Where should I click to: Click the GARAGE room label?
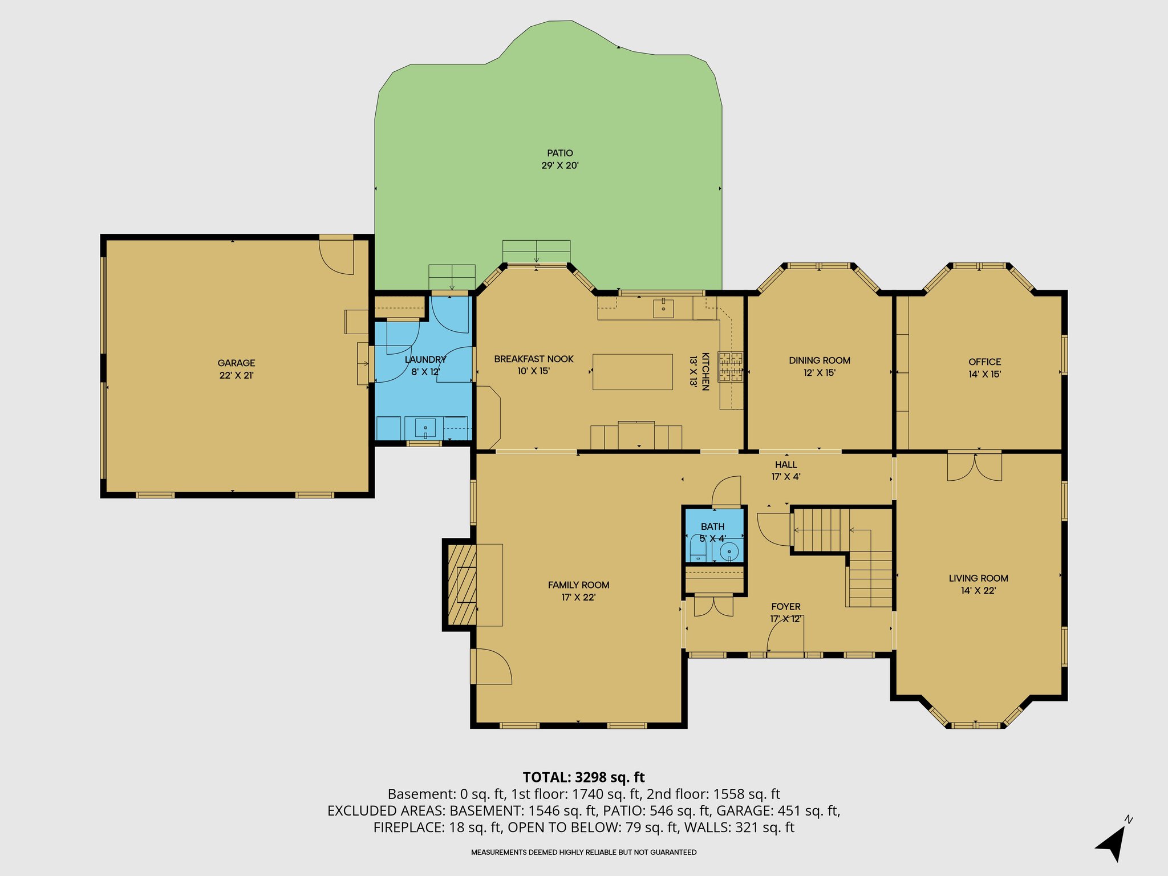[x=236, y=363]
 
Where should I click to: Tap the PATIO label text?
[x=560, y=153]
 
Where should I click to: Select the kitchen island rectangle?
[x=632, y=372]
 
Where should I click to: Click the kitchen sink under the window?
[x=663, y=309]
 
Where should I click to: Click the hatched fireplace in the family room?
[x=462, y=585]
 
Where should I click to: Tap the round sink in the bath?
[x=729, y=552]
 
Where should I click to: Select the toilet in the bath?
[x=698, y=549]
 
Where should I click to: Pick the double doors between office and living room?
[x=975, y=466]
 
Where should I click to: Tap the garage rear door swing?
[x=336, y=257]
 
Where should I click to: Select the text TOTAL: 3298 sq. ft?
[x=583, y=777]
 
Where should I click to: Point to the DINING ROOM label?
[x=820, y=360]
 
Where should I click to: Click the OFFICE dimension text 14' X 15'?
[x=985, y=374]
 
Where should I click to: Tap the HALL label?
[x=786, y=465]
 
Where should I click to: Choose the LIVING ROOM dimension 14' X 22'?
[x=979, y=590]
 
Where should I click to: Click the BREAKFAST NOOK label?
[x=534, y=359]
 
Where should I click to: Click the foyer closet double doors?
[x=713, y=606]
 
